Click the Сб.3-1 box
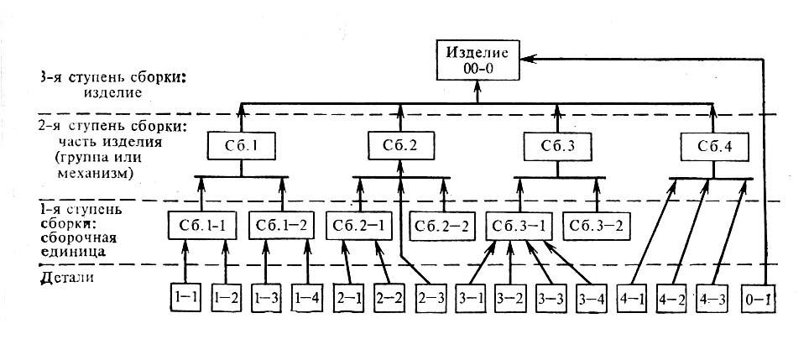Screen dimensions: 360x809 519,226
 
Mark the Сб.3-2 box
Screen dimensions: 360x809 597,226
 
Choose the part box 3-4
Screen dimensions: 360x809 592,297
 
